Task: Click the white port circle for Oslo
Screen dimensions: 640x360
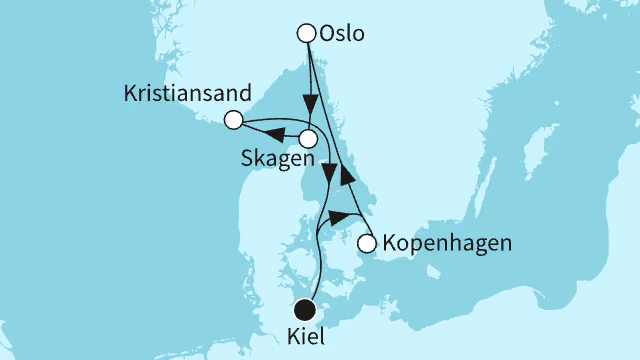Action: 307,33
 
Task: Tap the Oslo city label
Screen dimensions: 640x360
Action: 342,34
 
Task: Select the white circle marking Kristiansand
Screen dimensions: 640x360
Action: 233,120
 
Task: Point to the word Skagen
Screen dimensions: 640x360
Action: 276,160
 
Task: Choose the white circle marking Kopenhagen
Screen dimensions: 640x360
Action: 366,243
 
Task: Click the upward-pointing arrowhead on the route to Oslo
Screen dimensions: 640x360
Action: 347,177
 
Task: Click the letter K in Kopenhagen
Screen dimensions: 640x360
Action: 388,243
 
